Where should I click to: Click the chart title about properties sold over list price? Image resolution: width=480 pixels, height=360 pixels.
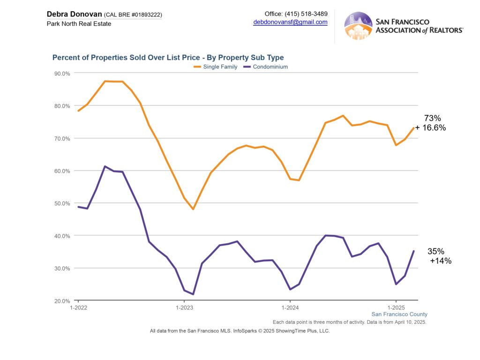pos(168,58)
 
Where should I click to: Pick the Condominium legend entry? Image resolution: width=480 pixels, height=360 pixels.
pos(269,67)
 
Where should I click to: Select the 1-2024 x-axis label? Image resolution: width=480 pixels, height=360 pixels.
pos(290,308)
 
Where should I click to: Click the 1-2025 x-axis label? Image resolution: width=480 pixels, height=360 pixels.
pos(396,308)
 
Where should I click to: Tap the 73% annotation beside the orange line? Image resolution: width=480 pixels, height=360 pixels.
pos(432,119)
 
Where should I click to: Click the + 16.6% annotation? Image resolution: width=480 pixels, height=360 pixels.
pos(430,128)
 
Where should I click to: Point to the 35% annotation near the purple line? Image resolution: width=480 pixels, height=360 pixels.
pos(436,252)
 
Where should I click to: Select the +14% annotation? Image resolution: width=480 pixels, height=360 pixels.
pos(441,261)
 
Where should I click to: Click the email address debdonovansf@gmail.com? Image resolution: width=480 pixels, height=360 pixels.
pos(290,22)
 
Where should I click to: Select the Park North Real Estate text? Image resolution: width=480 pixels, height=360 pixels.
pos(79,23)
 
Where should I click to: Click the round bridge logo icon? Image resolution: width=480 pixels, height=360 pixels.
pos(358,25)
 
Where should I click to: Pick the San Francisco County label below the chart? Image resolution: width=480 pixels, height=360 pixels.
pos(399,315)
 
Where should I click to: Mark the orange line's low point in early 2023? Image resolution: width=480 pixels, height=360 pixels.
pos(193,209)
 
